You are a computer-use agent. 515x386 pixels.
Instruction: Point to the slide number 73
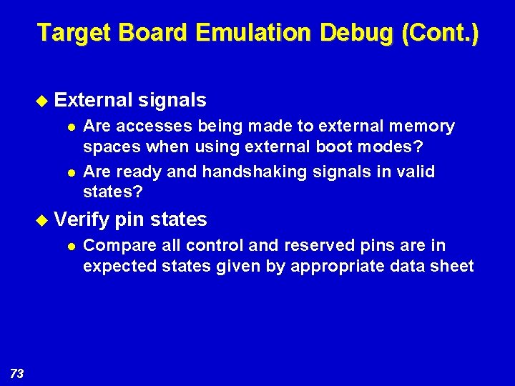17,373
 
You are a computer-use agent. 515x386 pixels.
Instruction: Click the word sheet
453,267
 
